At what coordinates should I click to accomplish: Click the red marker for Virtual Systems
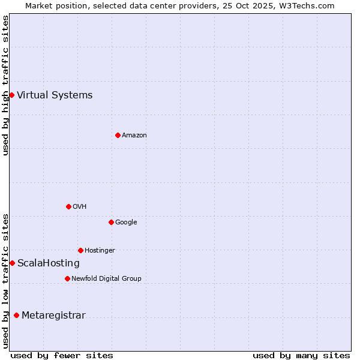coord(11,95)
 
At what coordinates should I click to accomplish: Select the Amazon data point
coord(118,135)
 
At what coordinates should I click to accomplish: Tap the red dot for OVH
coord(68,206)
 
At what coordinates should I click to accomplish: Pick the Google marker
coord(111,222)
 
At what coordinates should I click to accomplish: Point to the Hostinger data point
coord(80,250)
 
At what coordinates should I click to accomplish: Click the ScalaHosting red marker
coord(12,263)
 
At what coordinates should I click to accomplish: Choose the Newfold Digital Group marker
coord(67,278)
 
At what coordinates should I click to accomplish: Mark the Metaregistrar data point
coord(16,315)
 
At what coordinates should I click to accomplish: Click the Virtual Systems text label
coord(55,95)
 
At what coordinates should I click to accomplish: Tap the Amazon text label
coord(134,135)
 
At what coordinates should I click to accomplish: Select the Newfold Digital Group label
coord(106,278)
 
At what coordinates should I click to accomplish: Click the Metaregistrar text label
coord(53,316)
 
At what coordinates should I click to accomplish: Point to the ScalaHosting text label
coord(49,263)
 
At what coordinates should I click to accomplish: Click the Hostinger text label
coord(100,250)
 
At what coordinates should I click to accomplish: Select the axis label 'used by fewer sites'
coord(62,355)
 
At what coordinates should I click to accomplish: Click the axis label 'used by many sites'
coord(301,355)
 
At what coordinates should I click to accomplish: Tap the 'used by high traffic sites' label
coord(5,85)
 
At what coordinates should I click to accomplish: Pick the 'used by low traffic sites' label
coord(5,281)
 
